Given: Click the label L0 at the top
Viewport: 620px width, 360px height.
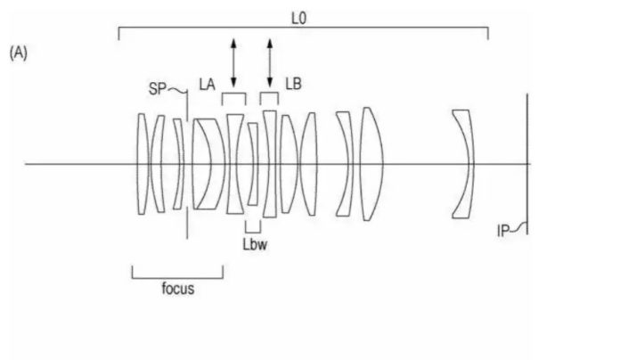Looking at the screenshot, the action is click(x=298, y=18).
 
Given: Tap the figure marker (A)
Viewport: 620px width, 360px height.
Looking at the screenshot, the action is click(x=19, y=53).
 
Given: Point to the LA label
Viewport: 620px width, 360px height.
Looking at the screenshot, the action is click(x=208, y=85).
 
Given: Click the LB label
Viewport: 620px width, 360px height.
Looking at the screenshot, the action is click(x=293, y=84).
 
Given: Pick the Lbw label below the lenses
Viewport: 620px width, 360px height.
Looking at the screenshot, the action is click(x=255, y=244).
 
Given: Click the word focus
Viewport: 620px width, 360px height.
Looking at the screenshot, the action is click(x=178, y=289).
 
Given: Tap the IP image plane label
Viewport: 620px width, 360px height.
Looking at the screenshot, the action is click(x=502, y=231).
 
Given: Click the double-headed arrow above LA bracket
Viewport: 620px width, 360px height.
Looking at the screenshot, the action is click(x=233, y=63).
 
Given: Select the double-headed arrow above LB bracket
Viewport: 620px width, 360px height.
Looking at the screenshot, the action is click(x=270, y=63).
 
